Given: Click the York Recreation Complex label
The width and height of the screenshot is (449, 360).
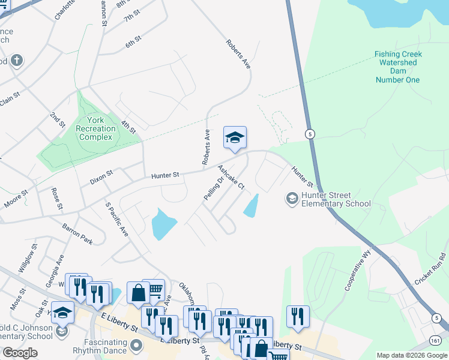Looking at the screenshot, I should (95, 128).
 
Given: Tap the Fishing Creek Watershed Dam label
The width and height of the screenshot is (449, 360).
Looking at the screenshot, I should (398, 67).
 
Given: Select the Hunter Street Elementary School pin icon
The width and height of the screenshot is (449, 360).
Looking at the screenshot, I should (292, 199).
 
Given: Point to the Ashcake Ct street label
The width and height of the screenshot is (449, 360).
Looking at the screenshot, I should (231, 178).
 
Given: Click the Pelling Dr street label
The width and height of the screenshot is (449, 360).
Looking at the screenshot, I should (213, 187).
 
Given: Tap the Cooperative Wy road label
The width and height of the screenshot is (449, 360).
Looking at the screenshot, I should (355, 275).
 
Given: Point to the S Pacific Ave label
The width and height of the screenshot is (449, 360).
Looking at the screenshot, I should (116, 219).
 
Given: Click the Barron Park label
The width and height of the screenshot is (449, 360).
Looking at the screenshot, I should (77, 233).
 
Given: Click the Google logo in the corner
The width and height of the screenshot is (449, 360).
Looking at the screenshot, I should (20, 353).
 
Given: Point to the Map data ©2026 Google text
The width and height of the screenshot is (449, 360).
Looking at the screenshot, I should (412, 355).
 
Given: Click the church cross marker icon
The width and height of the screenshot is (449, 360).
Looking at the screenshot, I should (16, 60).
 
